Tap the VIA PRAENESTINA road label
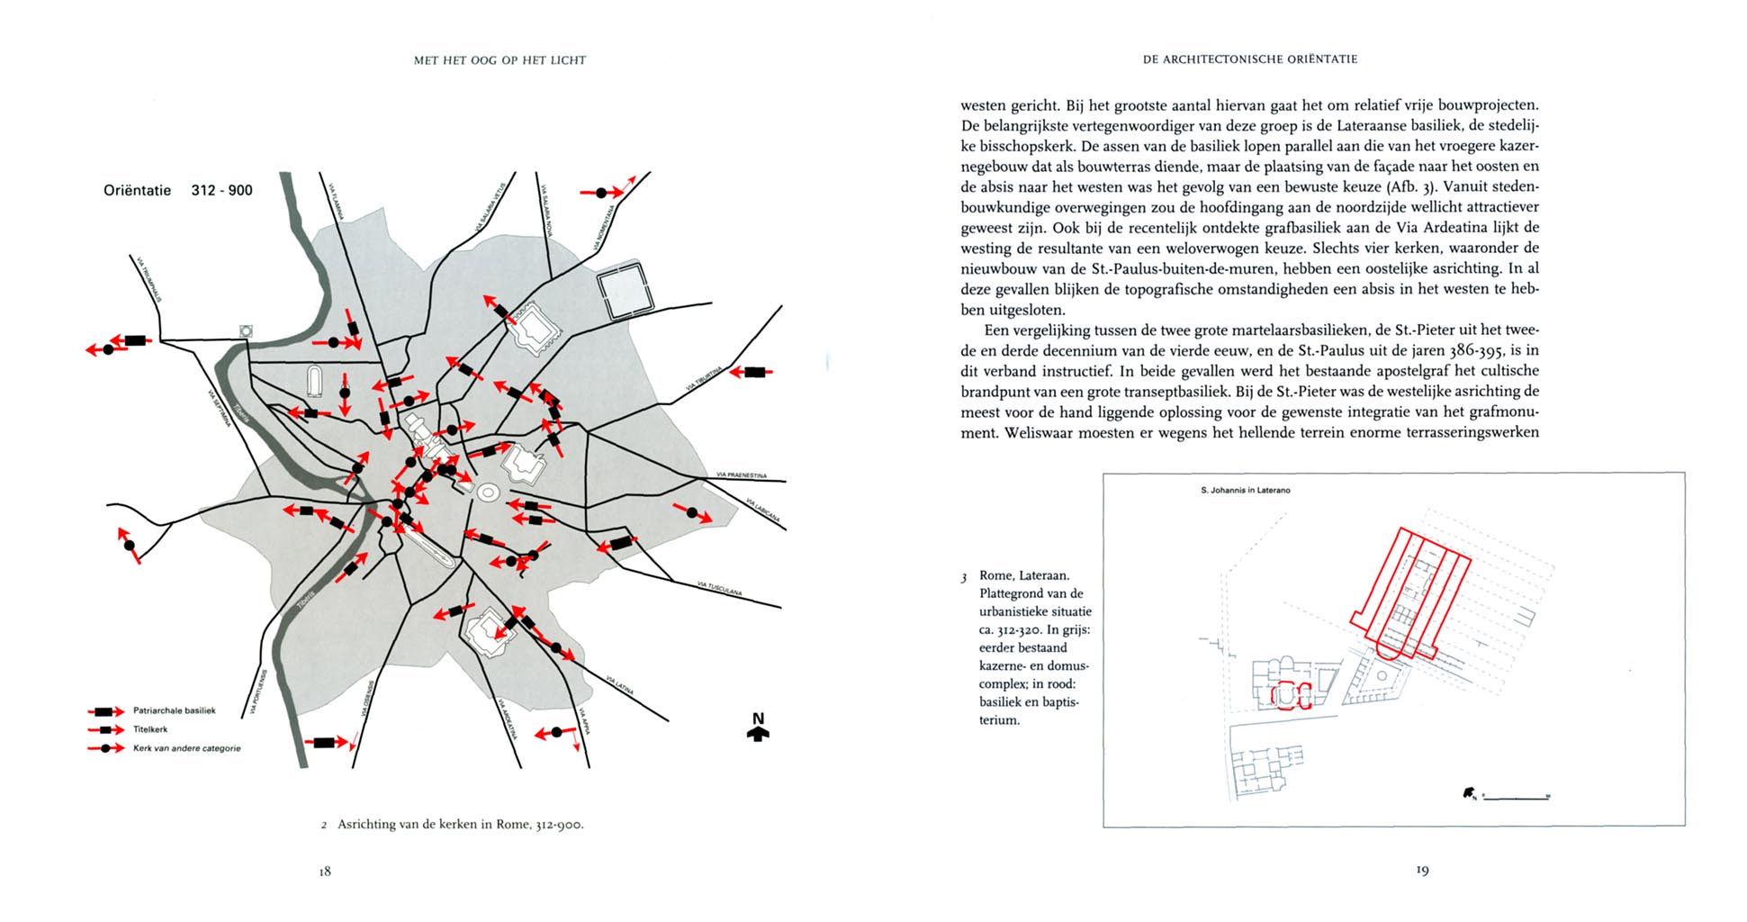[x=742, y=475]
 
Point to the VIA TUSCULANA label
[x=719, y=588]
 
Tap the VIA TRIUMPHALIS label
[x=150, y=279]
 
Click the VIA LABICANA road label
[x=762, y=510]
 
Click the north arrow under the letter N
[x=758, y=734]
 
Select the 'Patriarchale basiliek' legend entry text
[x=174, y=710]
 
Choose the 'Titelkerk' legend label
[x=150, y=729]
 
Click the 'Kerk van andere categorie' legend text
[x=186, y=748]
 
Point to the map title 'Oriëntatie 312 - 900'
[x=178, y=190]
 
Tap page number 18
[x=325, y=872]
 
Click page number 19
[x=1422, y=870]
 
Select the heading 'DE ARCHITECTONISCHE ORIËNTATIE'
[x=1249, y=59]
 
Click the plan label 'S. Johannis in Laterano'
[x=1245, y=491]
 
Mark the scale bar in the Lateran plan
[x=1516, y=797]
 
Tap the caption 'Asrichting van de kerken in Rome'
[x=459, y=825]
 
